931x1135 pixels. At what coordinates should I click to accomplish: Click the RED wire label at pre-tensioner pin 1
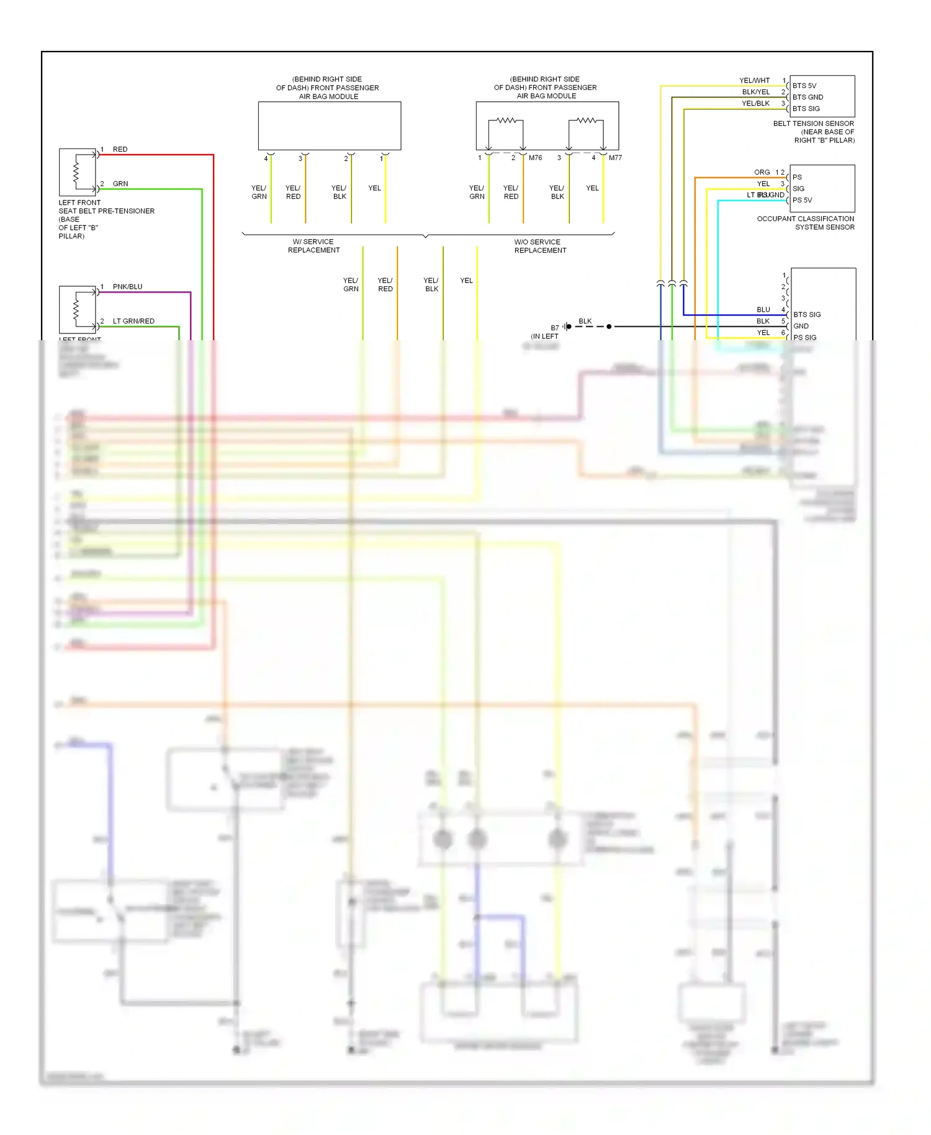(120, 150)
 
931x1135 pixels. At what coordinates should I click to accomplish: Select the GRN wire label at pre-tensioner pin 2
(120, 184)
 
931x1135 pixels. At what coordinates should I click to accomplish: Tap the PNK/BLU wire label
(127, 287)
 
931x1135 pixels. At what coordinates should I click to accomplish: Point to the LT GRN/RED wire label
(133, 321)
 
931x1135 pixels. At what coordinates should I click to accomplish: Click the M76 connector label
(535, 158)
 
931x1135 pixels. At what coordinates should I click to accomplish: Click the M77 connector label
(615, 158)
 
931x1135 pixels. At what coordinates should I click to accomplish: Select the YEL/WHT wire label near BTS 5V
(754, 81)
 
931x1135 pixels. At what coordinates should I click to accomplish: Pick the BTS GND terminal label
(807, 97)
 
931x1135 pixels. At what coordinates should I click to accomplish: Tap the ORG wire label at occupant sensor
(762, 172)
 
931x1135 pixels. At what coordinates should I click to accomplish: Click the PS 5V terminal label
(802, 201)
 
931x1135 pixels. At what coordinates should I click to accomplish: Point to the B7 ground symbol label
(555, 328)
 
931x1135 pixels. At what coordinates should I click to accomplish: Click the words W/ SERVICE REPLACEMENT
(313, 246)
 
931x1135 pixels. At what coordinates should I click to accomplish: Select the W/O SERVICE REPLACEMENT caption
(539, 246)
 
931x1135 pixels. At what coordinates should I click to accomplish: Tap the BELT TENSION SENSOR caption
(813, 132)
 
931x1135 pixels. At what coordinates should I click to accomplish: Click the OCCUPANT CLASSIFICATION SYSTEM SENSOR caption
(806, 223)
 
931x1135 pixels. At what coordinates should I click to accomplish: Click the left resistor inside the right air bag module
(506, 120)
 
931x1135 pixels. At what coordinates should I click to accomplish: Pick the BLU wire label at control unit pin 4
(763, 310)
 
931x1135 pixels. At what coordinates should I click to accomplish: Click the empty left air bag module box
(329, 126)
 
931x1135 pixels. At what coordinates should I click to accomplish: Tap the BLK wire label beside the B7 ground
(585, 321)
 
